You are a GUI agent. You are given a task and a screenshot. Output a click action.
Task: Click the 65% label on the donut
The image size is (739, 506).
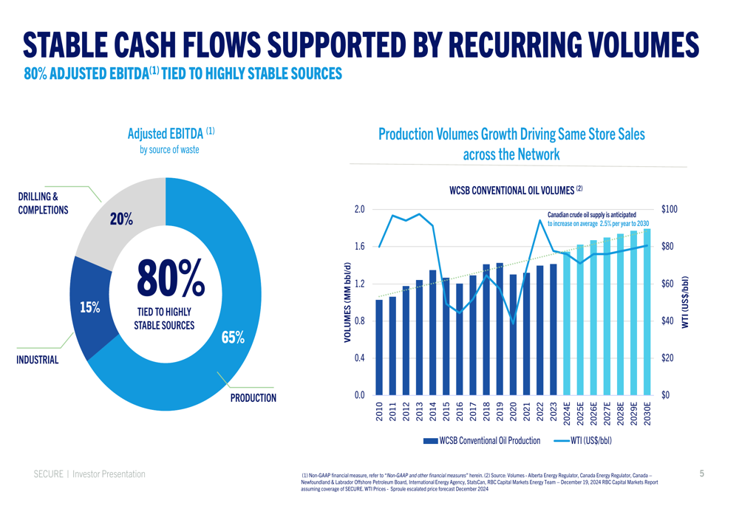pos(233,338)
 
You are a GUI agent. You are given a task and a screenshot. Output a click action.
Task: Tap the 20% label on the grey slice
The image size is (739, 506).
pos(121,219)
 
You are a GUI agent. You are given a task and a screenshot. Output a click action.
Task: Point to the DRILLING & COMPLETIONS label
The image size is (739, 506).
pos(43,203)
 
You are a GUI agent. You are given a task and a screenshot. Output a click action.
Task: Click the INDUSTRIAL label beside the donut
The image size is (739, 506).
pos(37,360)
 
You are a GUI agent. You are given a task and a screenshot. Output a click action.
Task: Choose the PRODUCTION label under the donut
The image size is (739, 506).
pos(253,398)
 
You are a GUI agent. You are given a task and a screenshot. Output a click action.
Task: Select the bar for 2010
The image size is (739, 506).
pos(379,347)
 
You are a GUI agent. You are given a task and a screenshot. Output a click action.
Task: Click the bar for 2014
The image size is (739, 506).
pos(433,332)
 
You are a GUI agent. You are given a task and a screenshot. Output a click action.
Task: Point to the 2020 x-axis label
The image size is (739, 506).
pos(513,411)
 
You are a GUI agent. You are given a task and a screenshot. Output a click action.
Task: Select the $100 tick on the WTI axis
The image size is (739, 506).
pos(669,210)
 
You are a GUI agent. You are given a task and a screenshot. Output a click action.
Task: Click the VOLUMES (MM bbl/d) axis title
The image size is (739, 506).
pos(347,301)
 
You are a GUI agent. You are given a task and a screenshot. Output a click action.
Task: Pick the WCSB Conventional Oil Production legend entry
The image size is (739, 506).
pos(480,441)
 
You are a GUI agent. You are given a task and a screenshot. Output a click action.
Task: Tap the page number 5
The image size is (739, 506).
pos(701,473)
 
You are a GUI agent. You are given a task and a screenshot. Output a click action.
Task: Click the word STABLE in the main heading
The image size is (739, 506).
pos(81,44)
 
